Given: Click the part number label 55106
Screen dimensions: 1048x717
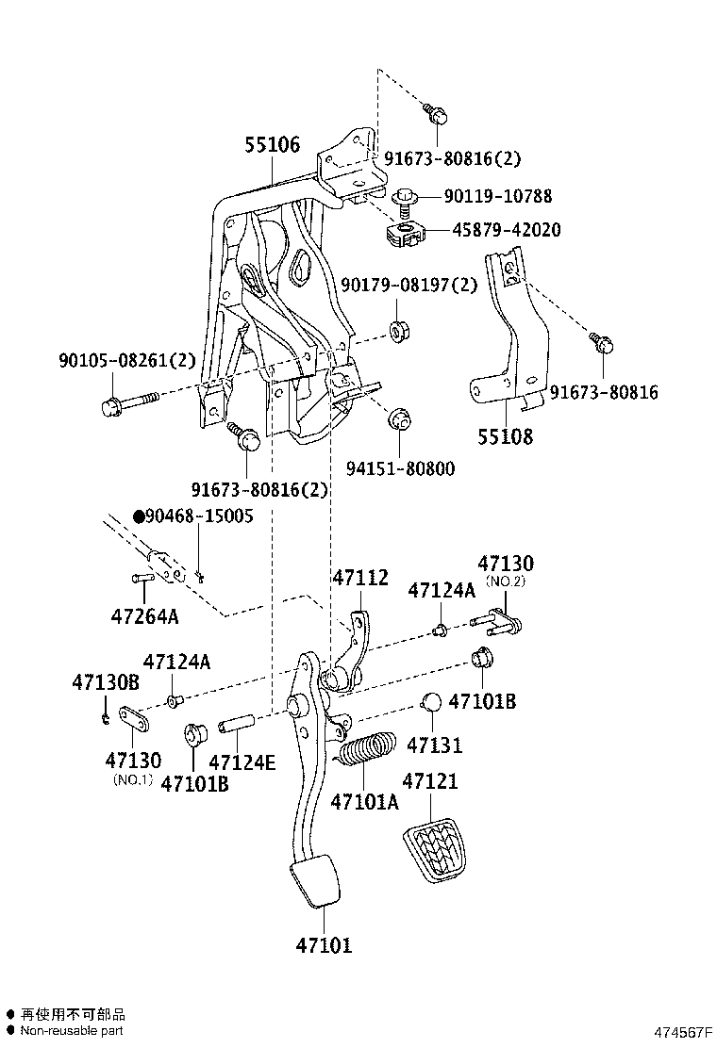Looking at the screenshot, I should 273,145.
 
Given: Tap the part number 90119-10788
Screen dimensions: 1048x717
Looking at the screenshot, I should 498,197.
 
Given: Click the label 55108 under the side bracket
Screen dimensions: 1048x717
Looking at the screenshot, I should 504,436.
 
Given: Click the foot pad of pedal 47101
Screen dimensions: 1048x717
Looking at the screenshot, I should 317,881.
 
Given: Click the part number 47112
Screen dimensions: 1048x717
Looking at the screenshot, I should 359,578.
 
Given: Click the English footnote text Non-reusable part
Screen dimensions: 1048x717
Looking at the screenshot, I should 72,1031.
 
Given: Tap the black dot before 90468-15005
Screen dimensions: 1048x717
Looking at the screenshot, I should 139,516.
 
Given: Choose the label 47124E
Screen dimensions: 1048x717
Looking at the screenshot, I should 242,762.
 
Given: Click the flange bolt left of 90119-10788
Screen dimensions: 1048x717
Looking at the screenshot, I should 407,198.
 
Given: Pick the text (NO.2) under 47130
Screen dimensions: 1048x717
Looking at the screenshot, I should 505,581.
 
